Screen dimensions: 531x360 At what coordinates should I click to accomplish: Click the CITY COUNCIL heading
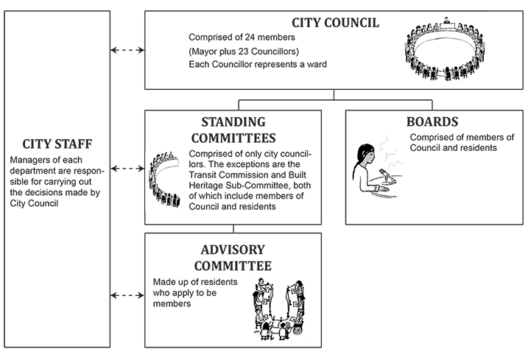(x=335, y=23)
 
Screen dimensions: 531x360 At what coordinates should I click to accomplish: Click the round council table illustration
(x=445, y=49)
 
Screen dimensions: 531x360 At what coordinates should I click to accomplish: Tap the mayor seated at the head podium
(x=446, y=21)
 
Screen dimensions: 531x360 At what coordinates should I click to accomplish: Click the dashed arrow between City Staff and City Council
(x=127, y=50)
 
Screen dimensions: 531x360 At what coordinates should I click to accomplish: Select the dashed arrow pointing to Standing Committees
(x=127, y=169)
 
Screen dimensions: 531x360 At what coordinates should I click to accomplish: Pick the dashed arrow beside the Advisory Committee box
(x=127, y=295)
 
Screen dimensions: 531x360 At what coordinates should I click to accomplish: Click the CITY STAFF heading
(x=57, y=144)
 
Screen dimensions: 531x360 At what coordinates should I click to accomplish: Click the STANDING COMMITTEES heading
(x=233, y=130)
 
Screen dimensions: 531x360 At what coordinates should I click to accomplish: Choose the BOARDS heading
(x=432, y=121)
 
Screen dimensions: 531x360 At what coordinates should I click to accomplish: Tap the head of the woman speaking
(x=366, y=154)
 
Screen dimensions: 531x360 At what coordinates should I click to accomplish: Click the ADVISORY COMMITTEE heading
(x=233, y=258)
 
